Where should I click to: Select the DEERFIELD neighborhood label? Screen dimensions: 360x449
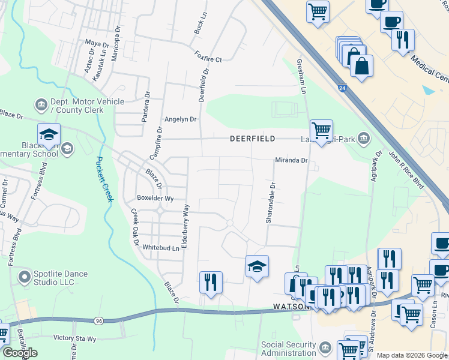pyautogui.click(x=253, y=139)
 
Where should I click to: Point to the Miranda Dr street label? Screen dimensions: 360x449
pyautogui.click(x=291, y=160)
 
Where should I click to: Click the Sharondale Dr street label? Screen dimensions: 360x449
pyautogui.click(x=270, y=203)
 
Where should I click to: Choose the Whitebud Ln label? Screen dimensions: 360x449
pyautogui.click(x=161, y=248)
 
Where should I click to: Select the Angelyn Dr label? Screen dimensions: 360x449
pyautogui.click(x=181, y=119)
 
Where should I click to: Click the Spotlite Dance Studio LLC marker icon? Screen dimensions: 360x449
pyautogui.click(x=24, y=277)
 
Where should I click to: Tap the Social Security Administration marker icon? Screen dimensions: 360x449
pyautogui.click(x=325, y=348)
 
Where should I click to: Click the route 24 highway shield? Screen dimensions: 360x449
pyautogui.click(x=341, y=88)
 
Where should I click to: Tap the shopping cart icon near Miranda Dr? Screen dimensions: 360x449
pyautogui.click(x=321, y=129)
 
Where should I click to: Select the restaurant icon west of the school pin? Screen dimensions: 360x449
pyautogui.click(x=211, y=281)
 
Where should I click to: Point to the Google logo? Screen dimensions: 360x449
pyautogui.click(x=20, y=353)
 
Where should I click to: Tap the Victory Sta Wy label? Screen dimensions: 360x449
pyautogui.click(x=74, y=338)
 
